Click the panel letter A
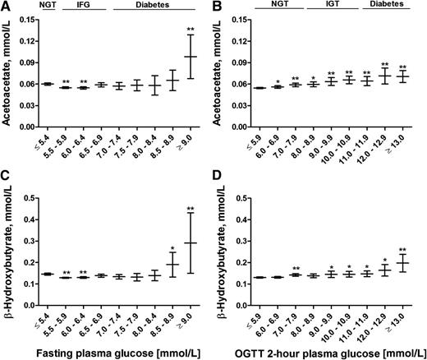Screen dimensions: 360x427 pyautogui.click(x=6, y=7)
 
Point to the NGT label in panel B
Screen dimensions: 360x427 pyautogui.click(x=278, y=7)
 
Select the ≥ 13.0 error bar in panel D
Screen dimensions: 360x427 pyautogui.click(x=403, y=263)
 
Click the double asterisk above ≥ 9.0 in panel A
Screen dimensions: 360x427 pyautogui.click(x=192, y=29)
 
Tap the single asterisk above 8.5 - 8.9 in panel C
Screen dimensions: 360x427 pyautogui.click(x=173, y=247)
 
